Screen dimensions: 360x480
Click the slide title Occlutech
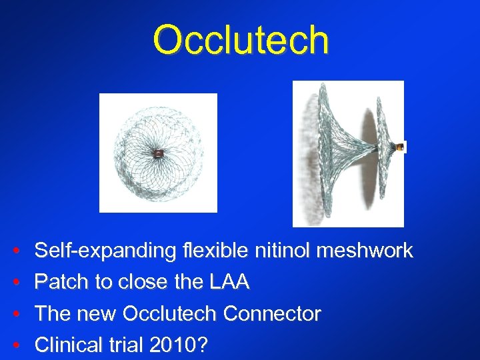point(241,40)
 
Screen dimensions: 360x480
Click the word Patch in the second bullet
point(61,283)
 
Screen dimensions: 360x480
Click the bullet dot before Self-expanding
point(15,252)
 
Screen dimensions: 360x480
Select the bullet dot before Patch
point(15,283)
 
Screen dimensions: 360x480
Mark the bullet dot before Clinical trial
point(15,345)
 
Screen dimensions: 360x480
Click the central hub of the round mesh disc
point(157,153)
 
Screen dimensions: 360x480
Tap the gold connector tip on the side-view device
point(401,147)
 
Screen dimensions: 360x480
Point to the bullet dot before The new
point(15,314)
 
